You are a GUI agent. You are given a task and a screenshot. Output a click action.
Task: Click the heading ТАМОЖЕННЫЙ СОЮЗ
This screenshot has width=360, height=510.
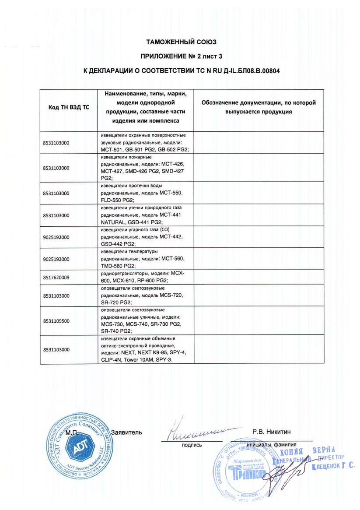pos(181,42)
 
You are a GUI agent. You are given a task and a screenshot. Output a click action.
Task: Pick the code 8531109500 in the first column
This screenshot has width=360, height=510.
pos(56,321)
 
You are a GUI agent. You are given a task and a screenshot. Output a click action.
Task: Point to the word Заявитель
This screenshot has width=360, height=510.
pos(127,432)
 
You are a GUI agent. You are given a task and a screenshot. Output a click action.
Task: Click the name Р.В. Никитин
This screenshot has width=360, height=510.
pos(271,432)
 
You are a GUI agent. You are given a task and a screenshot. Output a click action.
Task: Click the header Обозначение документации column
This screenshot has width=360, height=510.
pos(258,107)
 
